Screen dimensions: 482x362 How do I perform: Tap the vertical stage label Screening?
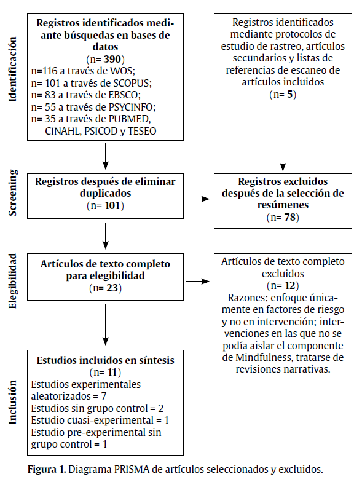click(13, 192)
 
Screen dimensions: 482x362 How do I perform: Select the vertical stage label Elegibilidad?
click(13, 280)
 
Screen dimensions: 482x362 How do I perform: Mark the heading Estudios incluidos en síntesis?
click(106, 360)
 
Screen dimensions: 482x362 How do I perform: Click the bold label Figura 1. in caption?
click(47, 470)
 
